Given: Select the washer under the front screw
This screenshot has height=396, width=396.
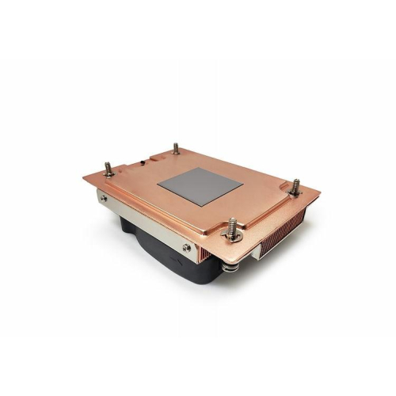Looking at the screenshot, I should [x=232, y=237].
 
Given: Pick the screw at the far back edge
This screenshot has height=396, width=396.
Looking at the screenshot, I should [x=175, y=150].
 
